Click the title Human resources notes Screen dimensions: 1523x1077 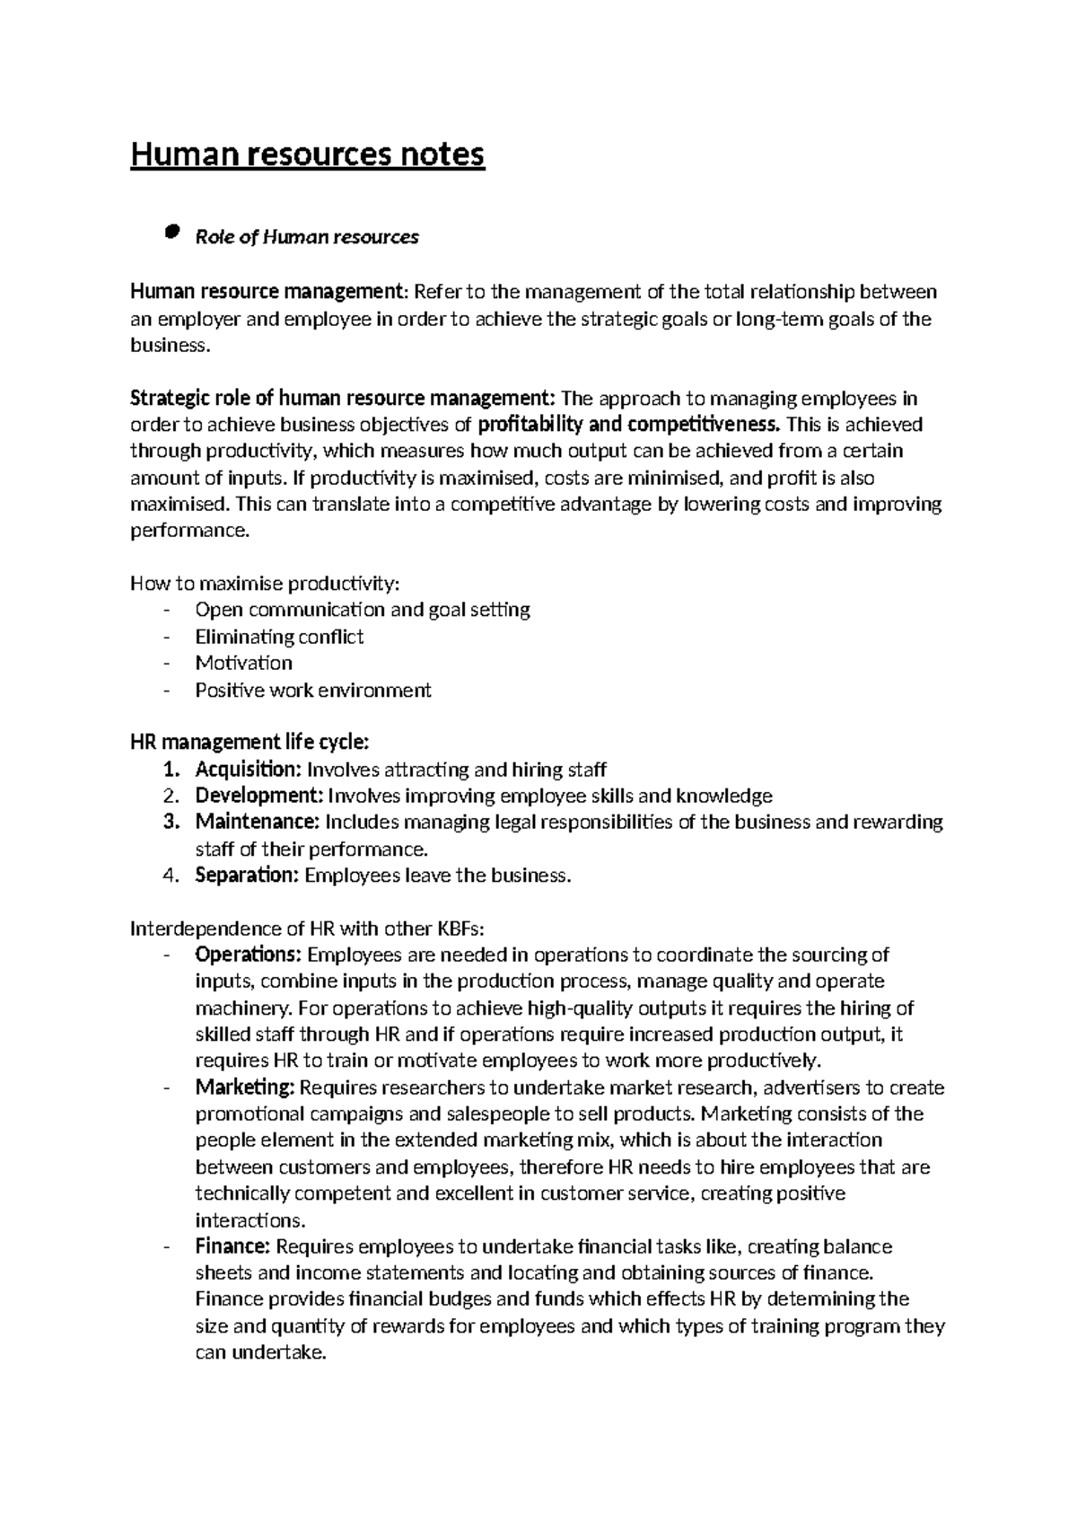pos(308,154)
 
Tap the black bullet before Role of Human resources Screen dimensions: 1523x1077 pos(171,234)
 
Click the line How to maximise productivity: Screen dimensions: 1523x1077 pos(265,584)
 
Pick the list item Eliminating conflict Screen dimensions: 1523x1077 pos(279,637)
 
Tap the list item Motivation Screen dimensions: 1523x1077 pos(243,663)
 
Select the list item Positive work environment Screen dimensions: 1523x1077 pos(312,690)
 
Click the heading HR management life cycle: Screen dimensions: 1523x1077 pos(250,743)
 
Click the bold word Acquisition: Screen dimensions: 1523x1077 pos(249,770)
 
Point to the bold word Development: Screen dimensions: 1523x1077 pos(259,796)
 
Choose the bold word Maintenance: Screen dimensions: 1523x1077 pos(257,822)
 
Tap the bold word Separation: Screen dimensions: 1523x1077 pos(247,875)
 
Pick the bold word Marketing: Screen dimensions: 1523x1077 pos(245,1087)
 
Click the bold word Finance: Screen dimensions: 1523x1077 pos(232,1246)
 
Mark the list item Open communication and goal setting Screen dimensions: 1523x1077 pos(362,610)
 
